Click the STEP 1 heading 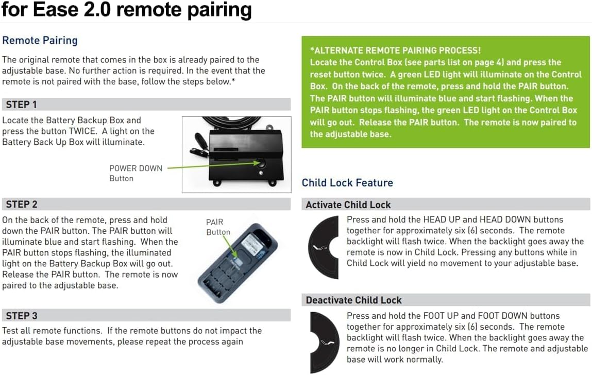tap(22, 105)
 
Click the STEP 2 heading tap(22, 204)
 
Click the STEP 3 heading tap(22, 316)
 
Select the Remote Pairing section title tap(40, 41)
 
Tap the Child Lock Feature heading tap(347, 183)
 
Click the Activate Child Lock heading tap(348, 205)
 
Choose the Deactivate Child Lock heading tap(353, 300)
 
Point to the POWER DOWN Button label tap(136, 173)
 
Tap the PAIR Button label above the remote tap(217, 227)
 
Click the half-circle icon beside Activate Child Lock tap(323, 248)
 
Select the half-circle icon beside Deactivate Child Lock tap(323, 342)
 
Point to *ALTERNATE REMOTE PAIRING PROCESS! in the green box tap(395, 50)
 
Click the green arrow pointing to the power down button tap(211, 166)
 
